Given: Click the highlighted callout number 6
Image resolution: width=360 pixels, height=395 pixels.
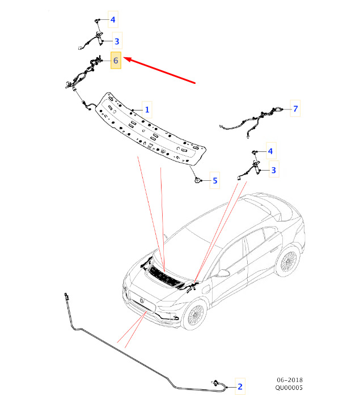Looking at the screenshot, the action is (x=116, y=61).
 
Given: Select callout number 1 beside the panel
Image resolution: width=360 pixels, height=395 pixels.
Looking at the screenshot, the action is (x=147, y=109).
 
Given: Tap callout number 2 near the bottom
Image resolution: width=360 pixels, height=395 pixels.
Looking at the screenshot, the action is (x=240, y=386).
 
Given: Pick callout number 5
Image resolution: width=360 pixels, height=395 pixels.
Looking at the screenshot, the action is (x=215, y=180).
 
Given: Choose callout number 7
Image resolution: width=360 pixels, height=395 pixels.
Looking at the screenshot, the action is (x=295, y=108).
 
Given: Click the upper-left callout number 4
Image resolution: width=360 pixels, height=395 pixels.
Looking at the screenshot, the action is (x=113, y=19).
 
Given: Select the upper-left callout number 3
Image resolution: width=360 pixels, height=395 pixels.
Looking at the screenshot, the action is (x=117, y=41).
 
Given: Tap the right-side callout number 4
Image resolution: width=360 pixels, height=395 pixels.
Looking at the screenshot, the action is (x=270, y=151).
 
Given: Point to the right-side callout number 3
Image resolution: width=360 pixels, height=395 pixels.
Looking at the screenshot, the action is (x=274, y=170).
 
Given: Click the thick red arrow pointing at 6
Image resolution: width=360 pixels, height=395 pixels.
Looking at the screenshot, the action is (x=160, y=71).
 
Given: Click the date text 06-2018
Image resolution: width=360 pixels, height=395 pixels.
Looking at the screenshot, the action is (x=290, y=380).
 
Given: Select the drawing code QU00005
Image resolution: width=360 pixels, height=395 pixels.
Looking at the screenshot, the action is (x=289, y=388).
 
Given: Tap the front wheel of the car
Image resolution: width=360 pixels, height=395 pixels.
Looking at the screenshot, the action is (x=195, y=315).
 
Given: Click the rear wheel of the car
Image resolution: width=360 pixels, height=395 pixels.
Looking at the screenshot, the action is (x=287, y=261).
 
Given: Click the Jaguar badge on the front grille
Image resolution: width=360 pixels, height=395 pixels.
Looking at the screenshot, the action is (x=141, y=300).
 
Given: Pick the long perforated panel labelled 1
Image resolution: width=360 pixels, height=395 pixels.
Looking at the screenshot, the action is (x=151, y=129).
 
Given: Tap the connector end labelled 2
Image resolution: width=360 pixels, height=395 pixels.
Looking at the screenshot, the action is (x=216, y=383).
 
